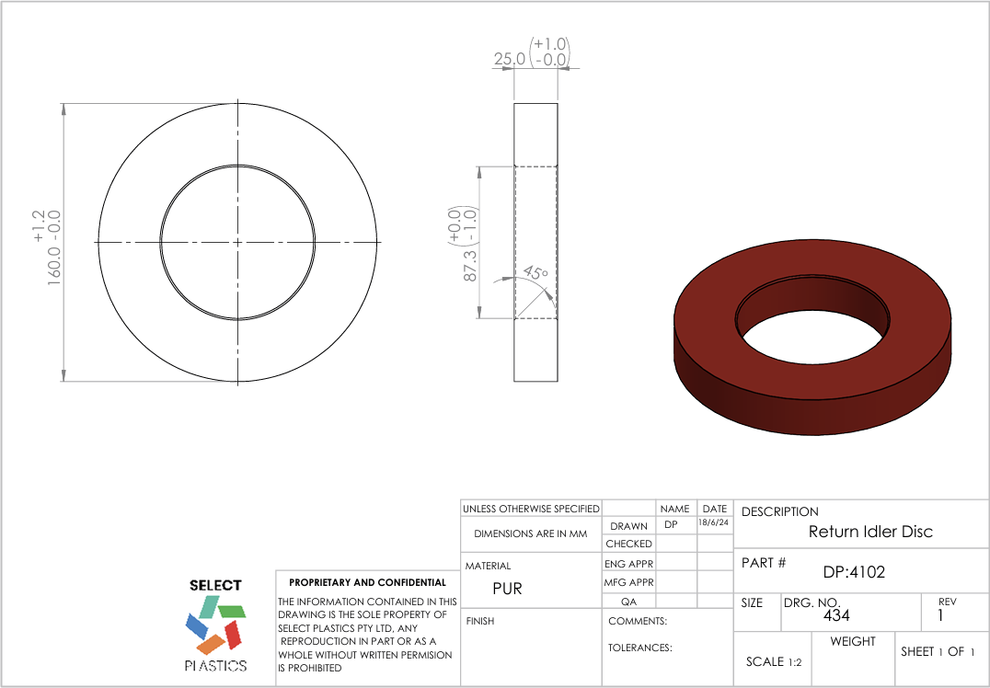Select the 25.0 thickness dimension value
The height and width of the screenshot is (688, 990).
(510, 59)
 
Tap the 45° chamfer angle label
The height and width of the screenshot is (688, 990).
(535, 273)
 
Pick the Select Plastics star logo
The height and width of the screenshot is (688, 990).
(216, 625)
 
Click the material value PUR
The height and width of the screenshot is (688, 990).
(507, 589)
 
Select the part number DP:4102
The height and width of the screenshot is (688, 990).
(854, 572)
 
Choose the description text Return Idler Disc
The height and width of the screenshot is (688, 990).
(870, 532)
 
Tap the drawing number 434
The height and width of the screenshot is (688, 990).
(836, 614)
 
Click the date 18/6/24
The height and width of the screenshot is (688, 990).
(714, 522)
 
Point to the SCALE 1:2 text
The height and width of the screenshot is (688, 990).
(774, 661)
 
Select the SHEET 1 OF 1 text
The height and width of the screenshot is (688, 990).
(938, 651)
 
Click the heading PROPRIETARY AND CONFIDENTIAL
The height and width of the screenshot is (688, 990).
(367, 582)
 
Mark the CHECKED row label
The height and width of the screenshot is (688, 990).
(628, 544)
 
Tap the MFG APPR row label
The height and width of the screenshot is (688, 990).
(628, 582)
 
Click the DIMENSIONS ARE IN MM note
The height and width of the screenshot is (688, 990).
(530, 533)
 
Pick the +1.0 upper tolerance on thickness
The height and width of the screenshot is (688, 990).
(550, 44)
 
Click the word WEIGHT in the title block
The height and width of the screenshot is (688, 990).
(853, 641)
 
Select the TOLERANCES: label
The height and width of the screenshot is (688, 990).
(640, 648)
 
